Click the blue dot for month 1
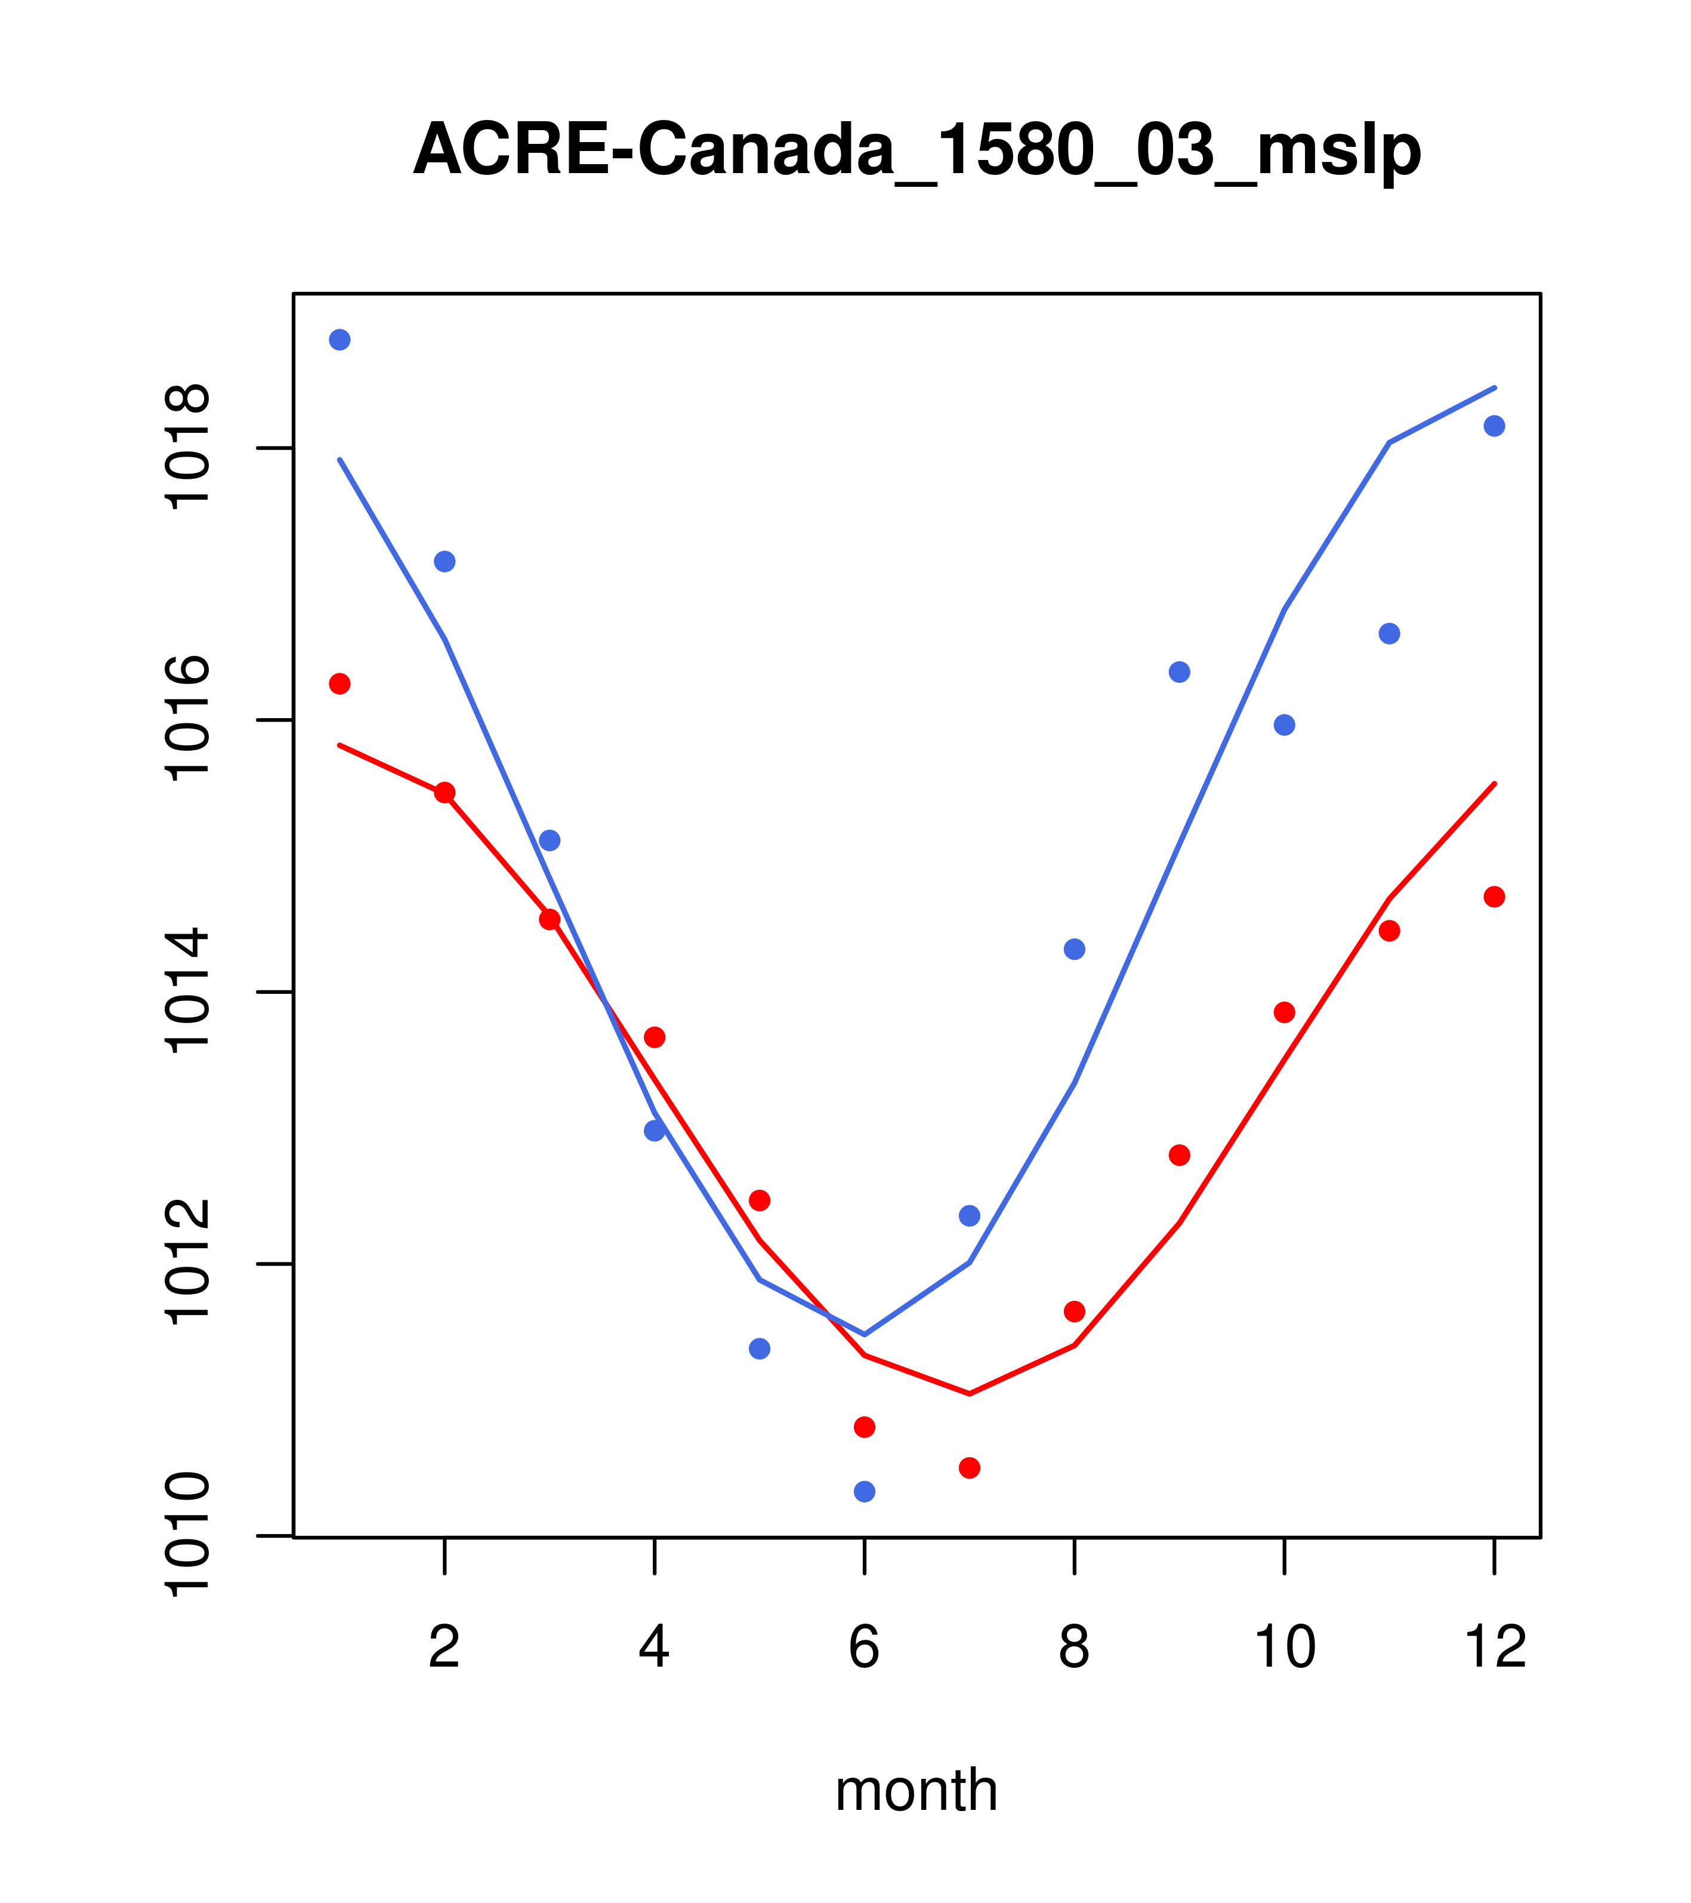click(x=340, y=340)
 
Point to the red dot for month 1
click(x=340, y=684)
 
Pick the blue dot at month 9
click(x=1179, y=672)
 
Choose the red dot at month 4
click(x=655, y=1037)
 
